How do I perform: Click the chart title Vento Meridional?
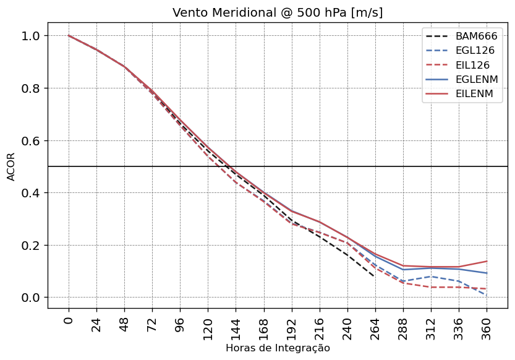278,13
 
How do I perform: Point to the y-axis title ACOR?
11,166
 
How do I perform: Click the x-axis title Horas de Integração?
278,348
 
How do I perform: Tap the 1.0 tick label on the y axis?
32,36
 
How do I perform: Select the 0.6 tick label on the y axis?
32,140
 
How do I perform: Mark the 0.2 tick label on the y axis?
32,245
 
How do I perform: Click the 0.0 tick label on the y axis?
32,298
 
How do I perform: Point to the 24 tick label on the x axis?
96,325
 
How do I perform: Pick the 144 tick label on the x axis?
236,328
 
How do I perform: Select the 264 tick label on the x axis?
375,328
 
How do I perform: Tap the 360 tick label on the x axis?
487,328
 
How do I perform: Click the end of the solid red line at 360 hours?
487,261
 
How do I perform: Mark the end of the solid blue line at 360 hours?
487,273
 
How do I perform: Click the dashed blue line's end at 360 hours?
487,295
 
